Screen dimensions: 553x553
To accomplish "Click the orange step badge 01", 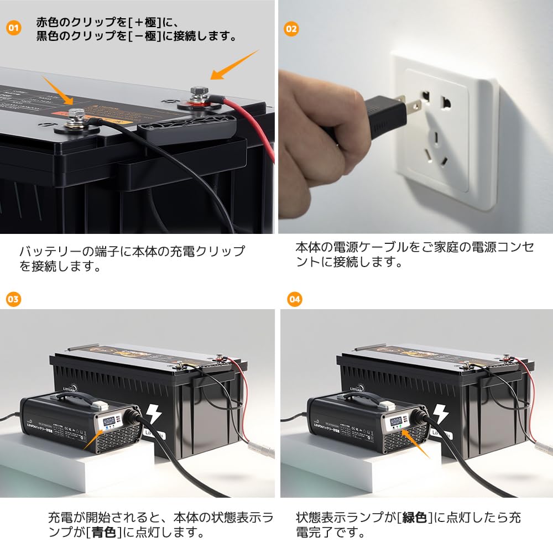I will [x=14, y=28].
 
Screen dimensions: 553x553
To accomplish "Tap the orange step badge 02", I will [x=291, y=28].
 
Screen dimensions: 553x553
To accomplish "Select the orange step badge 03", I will [x=13, y=299].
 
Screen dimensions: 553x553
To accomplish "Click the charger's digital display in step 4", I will [x=395, y=421].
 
